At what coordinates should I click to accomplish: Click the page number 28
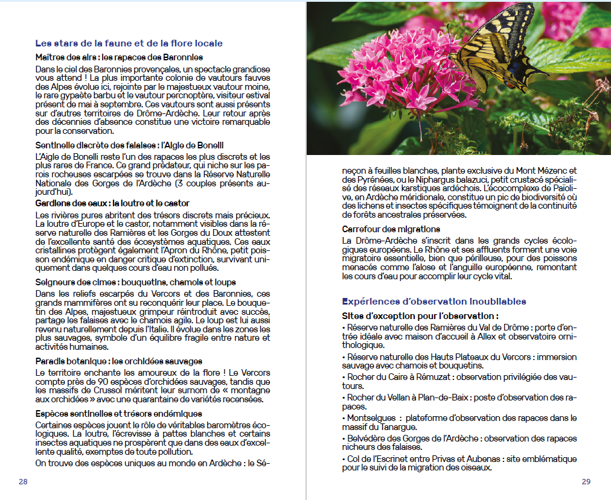tap(23, 481)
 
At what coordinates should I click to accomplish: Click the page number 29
tap(586, 481)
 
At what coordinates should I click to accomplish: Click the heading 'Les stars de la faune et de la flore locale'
tap(129, 43)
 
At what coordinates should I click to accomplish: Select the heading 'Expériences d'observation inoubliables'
tap(433, 302)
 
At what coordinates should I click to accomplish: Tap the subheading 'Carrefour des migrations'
tap(391, 229)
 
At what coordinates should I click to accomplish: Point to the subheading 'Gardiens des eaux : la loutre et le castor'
tap(112, 203)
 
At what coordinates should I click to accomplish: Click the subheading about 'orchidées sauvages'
tap(118, 361)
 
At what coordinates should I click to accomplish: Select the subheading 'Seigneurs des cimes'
tap(135, 282)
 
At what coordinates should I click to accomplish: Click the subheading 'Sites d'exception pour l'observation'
tap(420, 315)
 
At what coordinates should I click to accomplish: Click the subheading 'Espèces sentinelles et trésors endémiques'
tap(118, 414)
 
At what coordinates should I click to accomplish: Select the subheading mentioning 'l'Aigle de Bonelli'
tap(129, 145)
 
